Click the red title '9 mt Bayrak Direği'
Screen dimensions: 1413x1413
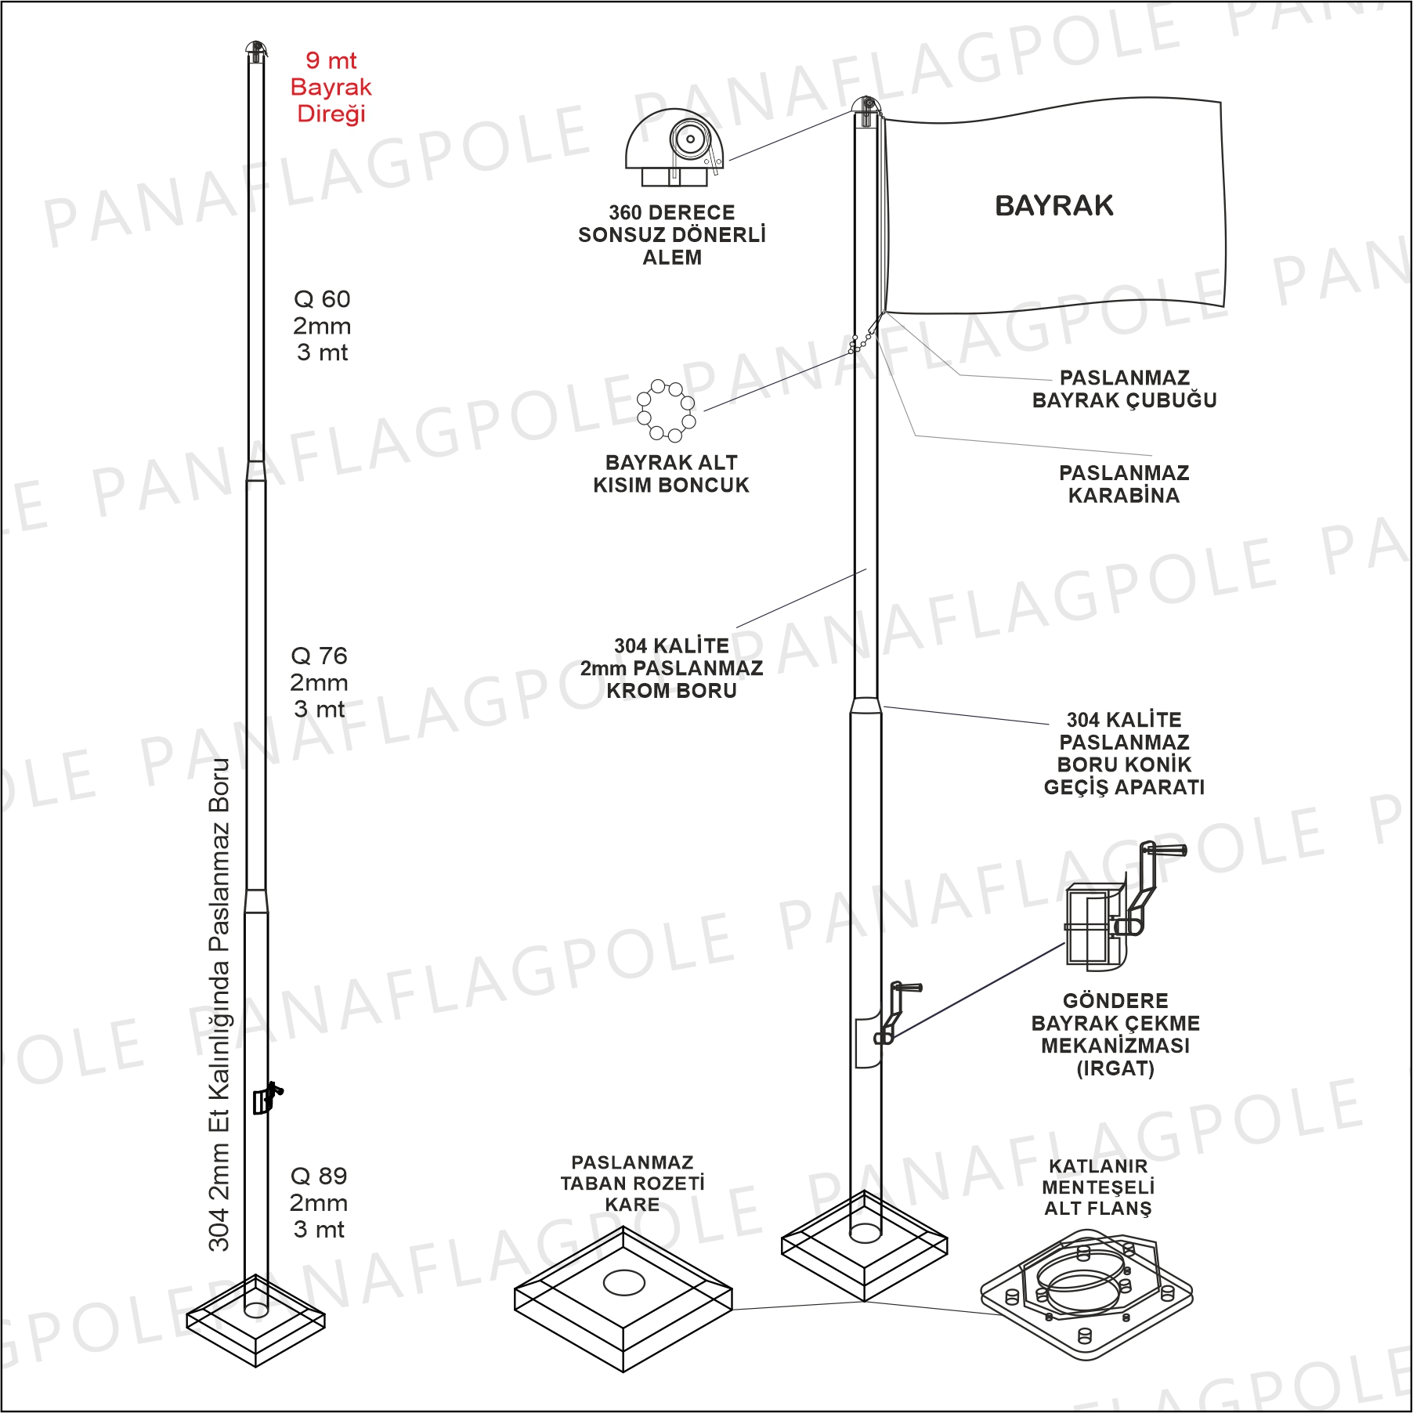[x=331, y=87]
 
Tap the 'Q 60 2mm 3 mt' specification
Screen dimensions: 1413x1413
[x=322, y=326]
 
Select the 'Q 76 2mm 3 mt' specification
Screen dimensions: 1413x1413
[x=319, y=682]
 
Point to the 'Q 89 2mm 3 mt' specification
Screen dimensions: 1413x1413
[x=319, y=1202]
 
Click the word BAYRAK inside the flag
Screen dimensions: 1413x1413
[x=1053, y=206]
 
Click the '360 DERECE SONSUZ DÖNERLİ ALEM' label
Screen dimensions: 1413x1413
[x=672, y=235]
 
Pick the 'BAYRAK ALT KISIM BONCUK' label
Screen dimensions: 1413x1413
[x=671, y=474]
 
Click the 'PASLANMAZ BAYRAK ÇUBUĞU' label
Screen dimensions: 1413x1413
[x=1124, y=389]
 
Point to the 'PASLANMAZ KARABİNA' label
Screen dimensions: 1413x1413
[x=1124, y=484]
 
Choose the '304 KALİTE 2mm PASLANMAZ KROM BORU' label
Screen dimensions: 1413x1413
[x=671, y=668]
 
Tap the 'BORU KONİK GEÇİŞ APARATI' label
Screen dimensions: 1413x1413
[x=1124, y=753]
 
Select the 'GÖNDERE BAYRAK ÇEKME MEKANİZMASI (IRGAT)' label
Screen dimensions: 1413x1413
[x=1115, y=1035]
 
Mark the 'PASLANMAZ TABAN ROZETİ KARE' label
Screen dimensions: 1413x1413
[x=632, y=1184]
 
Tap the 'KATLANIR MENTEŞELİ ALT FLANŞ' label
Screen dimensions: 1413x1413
[x=1098, y=1187]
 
